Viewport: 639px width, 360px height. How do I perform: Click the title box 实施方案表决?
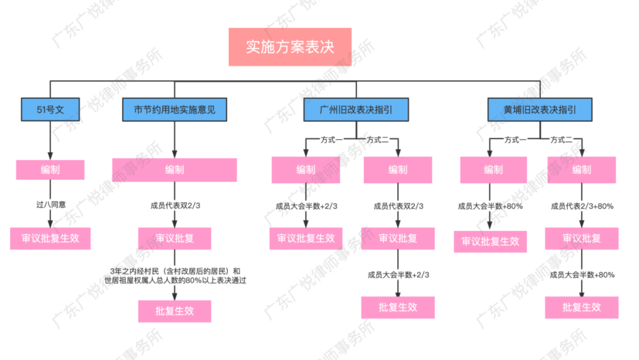pos(290,47)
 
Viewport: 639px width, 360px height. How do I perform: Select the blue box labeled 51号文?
pos(50,110)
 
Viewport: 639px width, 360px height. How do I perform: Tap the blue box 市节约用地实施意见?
pos(174,110)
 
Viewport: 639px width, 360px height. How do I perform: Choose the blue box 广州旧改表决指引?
pos(356,110)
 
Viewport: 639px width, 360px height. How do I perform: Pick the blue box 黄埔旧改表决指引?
pos(540,110)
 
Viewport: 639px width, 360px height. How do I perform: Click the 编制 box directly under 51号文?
pos(50,169)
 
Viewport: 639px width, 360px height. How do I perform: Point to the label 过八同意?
pos(50,204)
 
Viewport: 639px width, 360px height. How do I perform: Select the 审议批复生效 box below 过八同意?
pos(50,239)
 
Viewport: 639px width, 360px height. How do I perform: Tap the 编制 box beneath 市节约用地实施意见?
pos(175,170)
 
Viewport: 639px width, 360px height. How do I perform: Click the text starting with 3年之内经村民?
pos(175,275)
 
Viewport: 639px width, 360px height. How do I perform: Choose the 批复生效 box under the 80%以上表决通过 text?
pos(175,310)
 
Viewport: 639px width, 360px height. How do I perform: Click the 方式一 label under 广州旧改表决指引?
pos(331,140)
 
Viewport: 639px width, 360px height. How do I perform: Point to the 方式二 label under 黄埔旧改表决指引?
pos(561,140)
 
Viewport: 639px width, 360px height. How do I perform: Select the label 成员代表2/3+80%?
pos(582,206)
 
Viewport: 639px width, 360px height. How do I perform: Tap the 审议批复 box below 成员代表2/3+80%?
pos(582,238)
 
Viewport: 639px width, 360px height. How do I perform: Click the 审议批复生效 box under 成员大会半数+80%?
pos(490,241)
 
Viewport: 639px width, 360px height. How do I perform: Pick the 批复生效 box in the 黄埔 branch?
pos(582,307)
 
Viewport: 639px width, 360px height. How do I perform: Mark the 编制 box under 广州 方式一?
pos(306,170)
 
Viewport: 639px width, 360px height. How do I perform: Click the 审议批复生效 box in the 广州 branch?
pos(306,238)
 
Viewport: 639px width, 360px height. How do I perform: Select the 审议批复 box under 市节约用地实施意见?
pos(175,239)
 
